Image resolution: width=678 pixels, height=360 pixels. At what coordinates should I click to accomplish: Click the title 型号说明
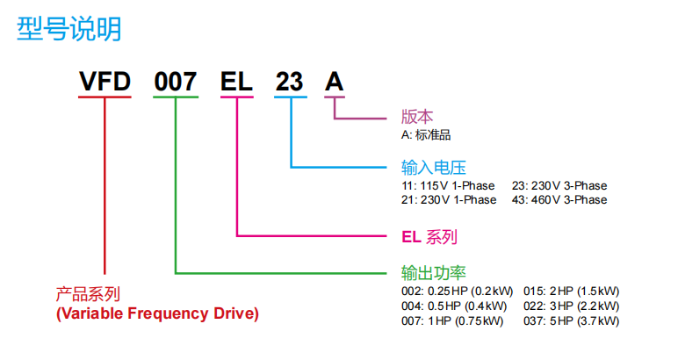69,29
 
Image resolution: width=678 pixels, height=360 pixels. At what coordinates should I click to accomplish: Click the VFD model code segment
105,83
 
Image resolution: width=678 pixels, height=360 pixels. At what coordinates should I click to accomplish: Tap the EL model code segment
236,83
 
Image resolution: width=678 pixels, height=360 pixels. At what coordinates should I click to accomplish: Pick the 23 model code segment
290,83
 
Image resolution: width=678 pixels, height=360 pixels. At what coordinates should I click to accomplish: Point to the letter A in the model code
335,83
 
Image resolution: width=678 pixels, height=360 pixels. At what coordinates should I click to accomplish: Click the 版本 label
417,118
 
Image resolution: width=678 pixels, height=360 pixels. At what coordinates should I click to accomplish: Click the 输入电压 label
433,167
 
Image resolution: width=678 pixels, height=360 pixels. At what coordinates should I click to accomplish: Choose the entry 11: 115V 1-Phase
449,185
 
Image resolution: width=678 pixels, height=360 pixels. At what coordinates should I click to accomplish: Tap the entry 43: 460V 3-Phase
559,200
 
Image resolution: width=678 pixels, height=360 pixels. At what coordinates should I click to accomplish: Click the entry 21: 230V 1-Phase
449,200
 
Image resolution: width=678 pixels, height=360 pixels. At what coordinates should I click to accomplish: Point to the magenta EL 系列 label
429,237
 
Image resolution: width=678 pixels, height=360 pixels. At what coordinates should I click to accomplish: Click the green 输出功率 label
433,273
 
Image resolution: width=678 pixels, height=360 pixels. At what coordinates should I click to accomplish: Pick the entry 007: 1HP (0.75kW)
452,321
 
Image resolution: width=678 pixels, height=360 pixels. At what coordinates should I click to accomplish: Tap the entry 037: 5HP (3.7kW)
571,321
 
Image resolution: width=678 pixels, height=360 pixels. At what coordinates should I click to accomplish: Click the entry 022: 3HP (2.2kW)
571,306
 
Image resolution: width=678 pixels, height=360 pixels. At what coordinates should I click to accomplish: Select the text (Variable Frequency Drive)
157,313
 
